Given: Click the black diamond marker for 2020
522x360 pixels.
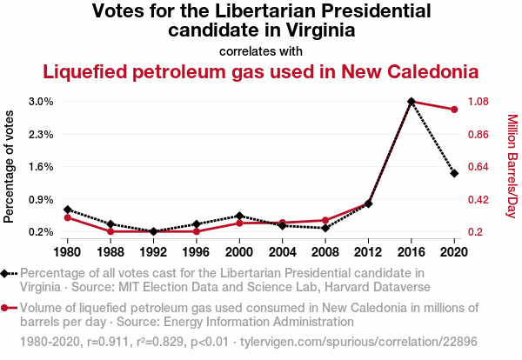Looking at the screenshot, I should [x=454, y=173].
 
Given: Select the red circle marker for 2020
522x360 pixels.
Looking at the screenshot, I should [x=454, y=110].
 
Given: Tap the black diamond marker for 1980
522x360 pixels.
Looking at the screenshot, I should [x=68, y=210].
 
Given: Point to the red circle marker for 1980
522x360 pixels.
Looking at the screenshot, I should [x=68, y=217].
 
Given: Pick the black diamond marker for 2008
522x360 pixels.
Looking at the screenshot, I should [x=325, y=228].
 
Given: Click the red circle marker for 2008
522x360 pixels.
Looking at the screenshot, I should [x=325, y=221].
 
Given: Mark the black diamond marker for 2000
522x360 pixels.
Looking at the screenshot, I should [x=239, y=216].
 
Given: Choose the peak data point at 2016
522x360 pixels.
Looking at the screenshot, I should [x=412, y=102].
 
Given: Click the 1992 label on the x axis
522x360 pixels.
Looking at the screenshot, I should [x=154, y=252].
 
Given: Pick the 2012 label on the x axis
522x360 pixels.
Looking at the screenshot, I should [x=368, y=252].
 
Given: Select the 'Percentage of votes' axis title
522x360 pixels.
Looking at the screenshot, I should [x=10, y=167].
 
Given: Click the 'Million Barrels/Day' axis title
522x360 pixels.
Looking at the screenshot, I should [x=512, y=167].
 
